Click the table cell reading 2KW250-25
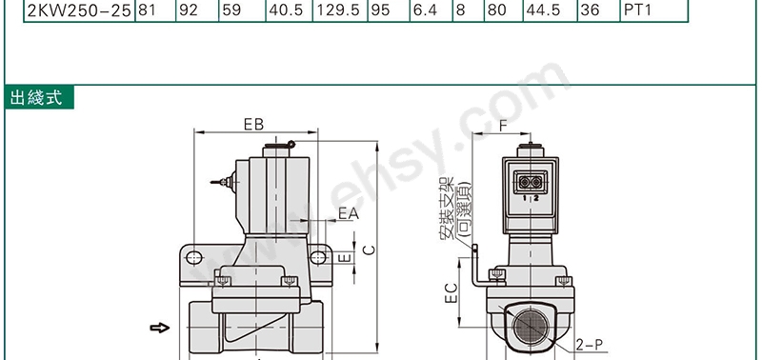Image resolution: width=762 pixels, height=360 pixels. pos(79,10)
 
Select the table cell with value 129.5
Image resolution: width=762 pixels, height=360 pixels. pos(340,10)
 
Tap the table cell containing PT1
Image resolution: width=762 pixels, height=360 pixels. pos(653,10)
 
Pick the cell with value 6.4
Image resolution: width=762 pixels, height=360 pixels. pos(431,10)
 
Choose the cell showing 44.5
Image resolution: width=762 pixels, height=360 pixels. pos(551,10)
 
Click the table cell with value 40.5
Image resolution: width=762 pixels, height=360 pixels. pos(289,10)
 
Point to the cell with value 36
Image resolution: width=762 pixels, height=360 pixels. pos(599,10)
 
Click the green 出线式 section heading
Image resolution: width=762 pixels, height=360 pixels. pos(39,97)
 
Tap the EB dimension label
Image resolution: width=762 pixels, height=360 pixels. pos(253,125)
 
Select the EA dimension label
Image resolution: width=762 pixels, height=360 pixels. pos(349,213)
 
